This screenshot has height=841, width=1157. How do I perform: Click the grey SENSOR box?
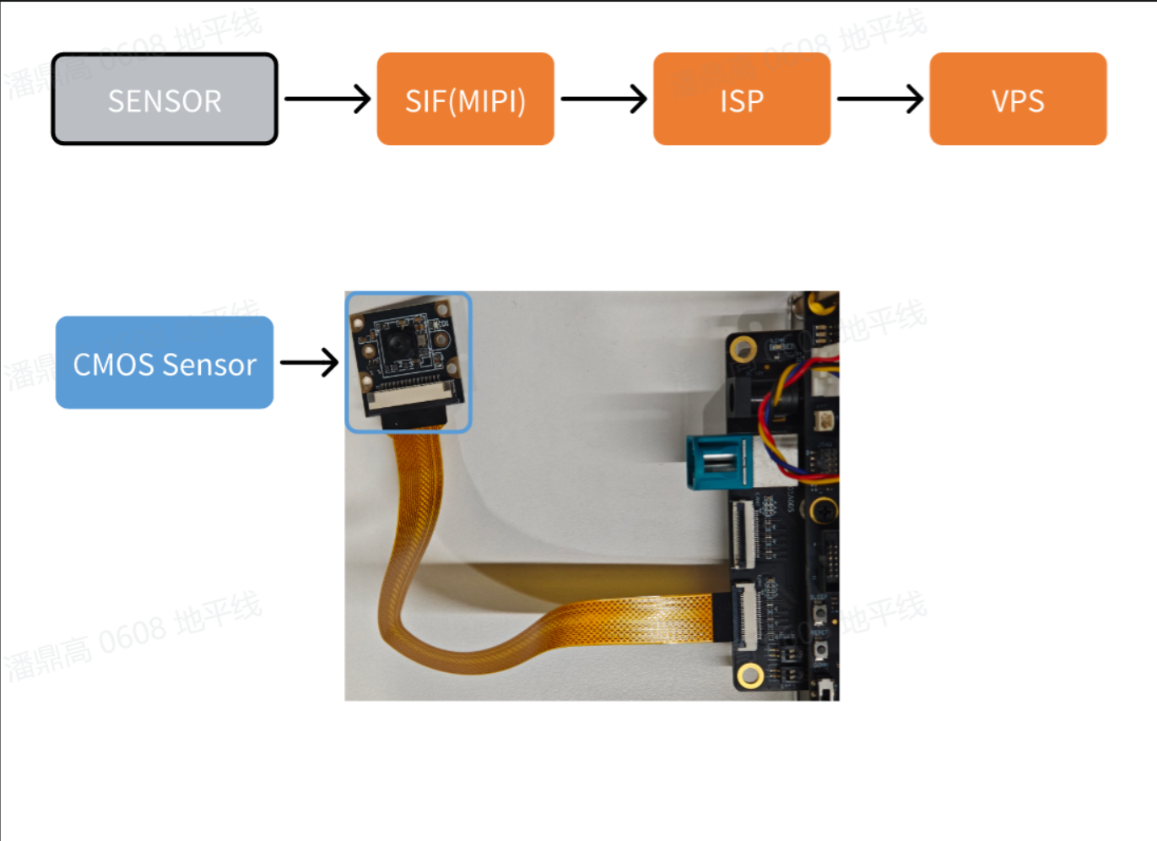pyautogui.click(x=165, y=100)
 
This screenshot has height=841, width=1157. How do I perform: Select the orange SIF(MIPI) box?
pyautogui.click(x=465, y=100)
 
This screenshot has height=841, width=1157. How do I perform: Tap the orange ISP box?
pyautogui.click(x=742, y=100)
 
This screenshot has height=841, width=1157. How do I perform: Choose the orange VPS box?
pyautogui.click(x=1018, y=100)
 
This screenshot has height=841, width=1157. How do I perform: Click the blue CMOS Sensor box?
pyautogui.click(x=165, y=363)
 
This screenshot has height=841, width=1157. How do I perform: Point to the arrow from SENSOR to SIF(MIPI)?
pyautogui.click(x=327, y=99)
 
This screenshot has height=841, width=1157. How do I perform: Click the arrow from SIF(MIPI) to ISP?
pyautogui.click(x=603, y=99)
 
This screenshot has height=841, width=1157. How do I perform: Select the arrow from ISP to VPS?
pyautogui.click(x=879, y=99)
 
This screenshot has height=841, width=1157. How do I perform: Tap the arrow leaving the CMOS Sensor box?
pyautogui.click(x=309, y=363)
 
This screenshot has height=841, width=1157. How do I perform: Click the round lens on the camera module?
pyautogui.click(x=397, y=343)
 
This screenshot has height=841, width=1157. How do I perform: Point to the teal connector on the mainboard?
pyautogui.click(x=717, y=462)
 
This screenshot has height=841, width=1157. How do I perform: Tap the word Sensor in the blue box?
pyautogui.click(x=208, y=365)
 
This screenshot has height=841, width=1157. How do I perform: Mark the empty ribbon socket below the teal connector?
pyautogui.click(x=742, y=534)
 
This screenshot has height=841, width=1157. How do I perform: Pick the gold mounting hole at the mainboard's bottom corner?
pyautogui.click(x=749, y=675)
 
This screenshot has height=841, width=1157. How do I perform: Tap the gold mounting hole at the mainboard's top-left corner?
pyautogui.click(x=743, y=347)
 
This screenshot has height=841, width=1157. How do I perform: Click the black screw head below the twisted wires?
pyautogui.click(x=822, y=510)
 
